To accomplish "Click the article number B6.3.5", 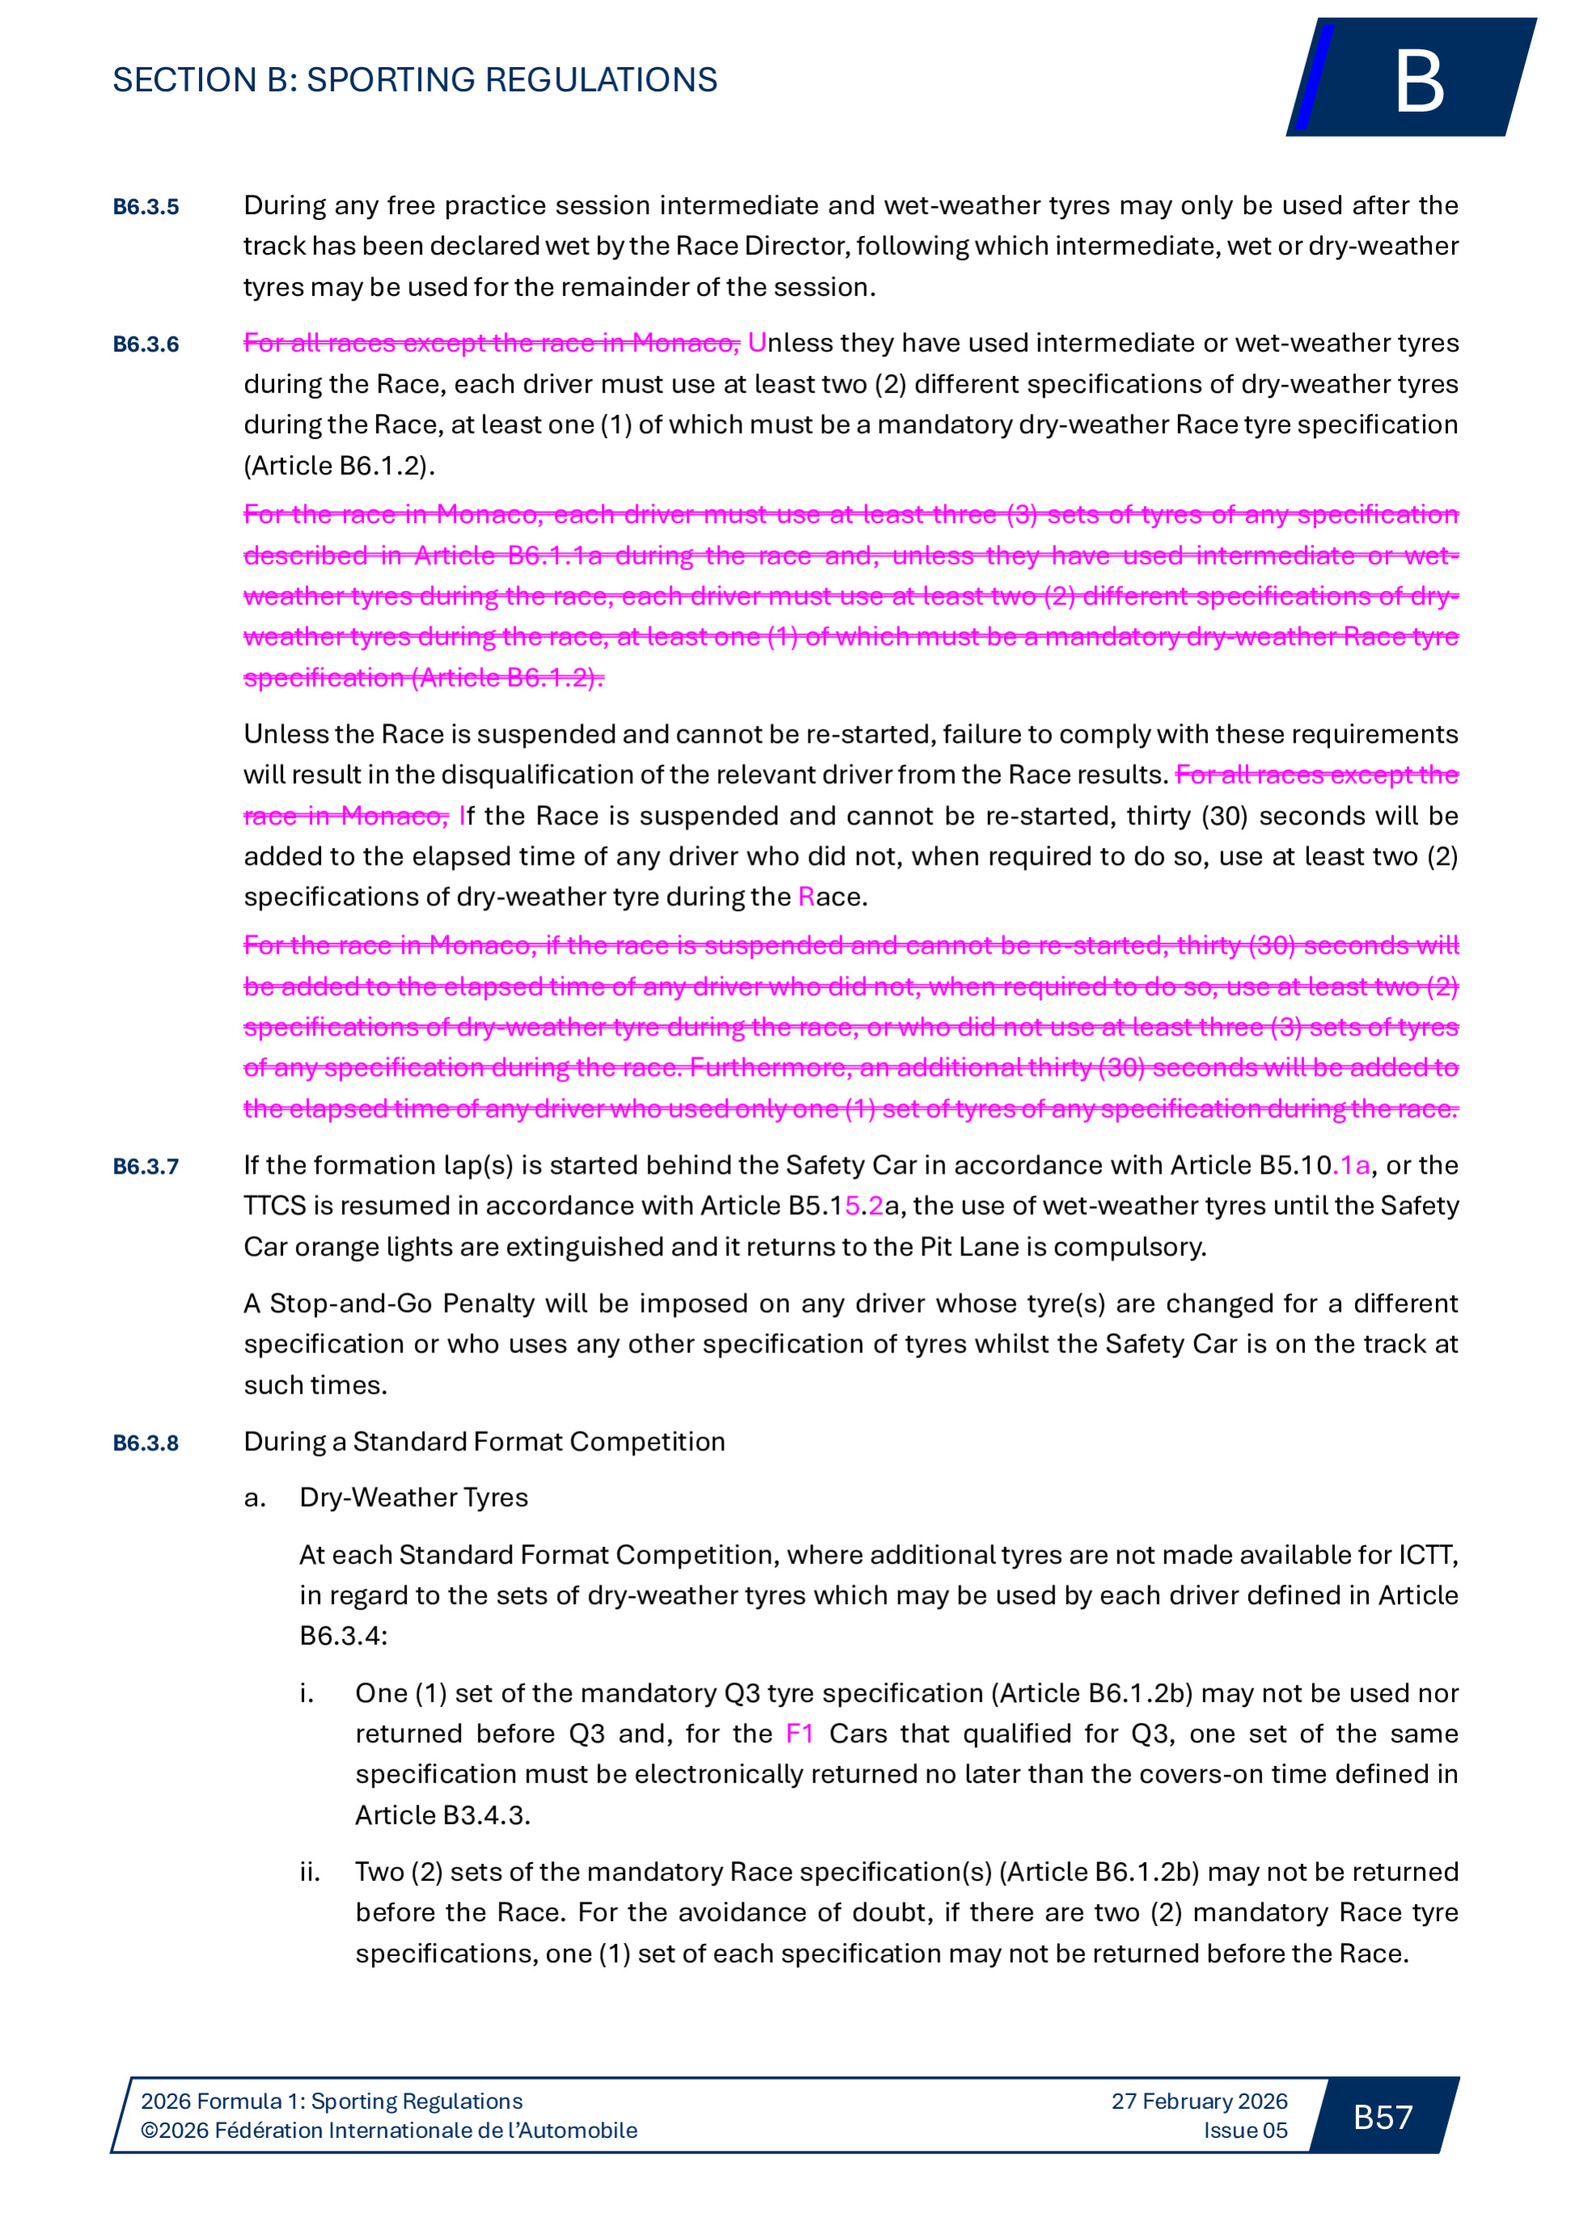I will pyautogui.click(x=146, y=207).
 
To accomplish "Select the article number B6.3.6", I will pyautogui.click(x=146, y=344).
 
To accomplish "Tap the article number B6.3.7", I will pyautogui.click(x=146, y=1166).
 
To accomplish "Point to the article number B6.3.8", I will pyautogui.click(x=146, y=1443).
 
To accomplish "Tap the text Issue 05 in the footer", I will pyautogui.click(x=1245, y=2130).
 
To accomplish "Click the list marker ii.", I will pyautogui.click(x=310, y=1872).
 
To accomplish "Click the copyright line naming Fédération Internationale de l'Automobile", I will pyautogui.click(x=388, y=2130).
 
